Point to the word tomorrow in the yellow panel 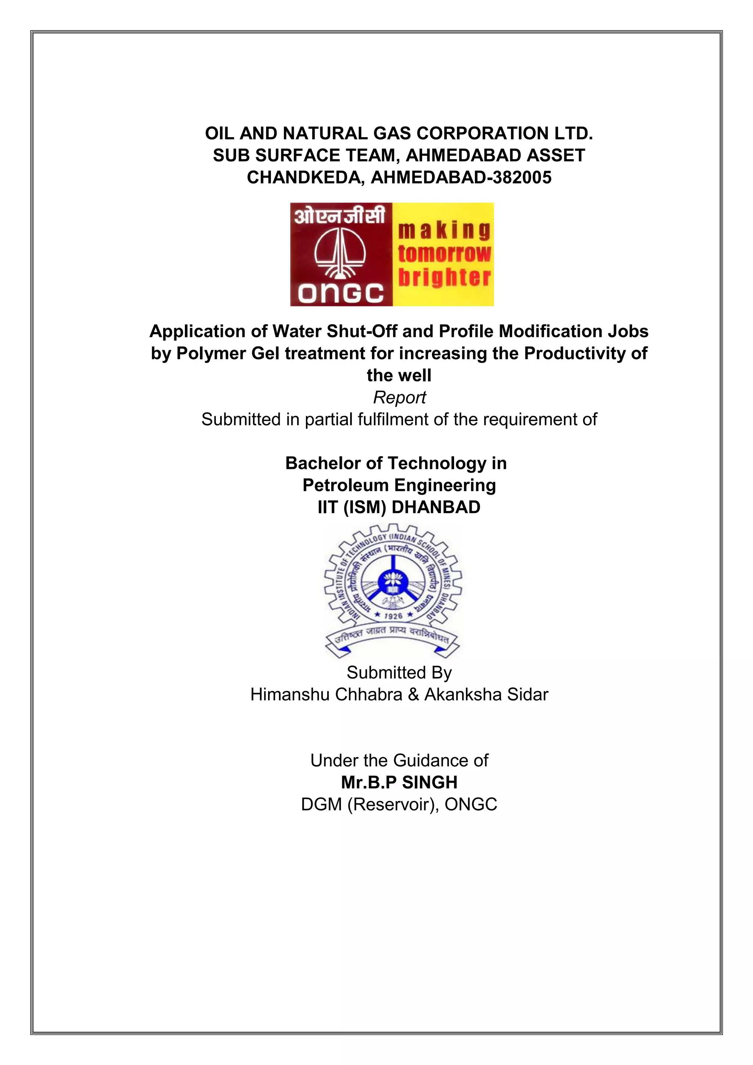pos(444,253)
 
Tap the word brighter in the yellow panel pos(444,277)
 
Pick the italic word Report pos(399,398)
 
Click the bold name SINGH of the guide pos(429,783)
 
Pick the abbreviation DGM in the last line pos(322,804)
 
